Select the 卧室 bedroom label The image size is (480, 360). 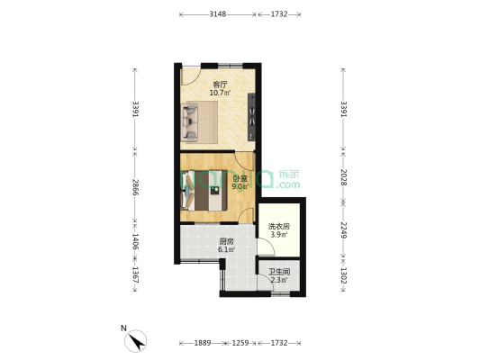(x=240, y=178)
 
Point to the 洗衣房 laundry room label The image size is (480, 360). (x=279, y=226)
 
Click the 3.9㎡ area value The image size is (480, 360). (x=279, y=235)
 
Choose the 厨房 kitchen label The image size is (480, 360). (x=226, y=241)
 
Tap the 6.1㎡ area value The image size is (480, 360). (x=226, y=250)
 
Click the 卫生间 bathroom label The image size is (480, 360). (x=279, y=271)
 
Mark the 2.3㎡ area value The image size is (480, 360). (x=279, y=280)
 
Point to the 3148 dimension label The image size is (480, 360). (x=216, y=14)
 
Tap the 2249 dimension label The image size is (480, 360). (x=342, y=229)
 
